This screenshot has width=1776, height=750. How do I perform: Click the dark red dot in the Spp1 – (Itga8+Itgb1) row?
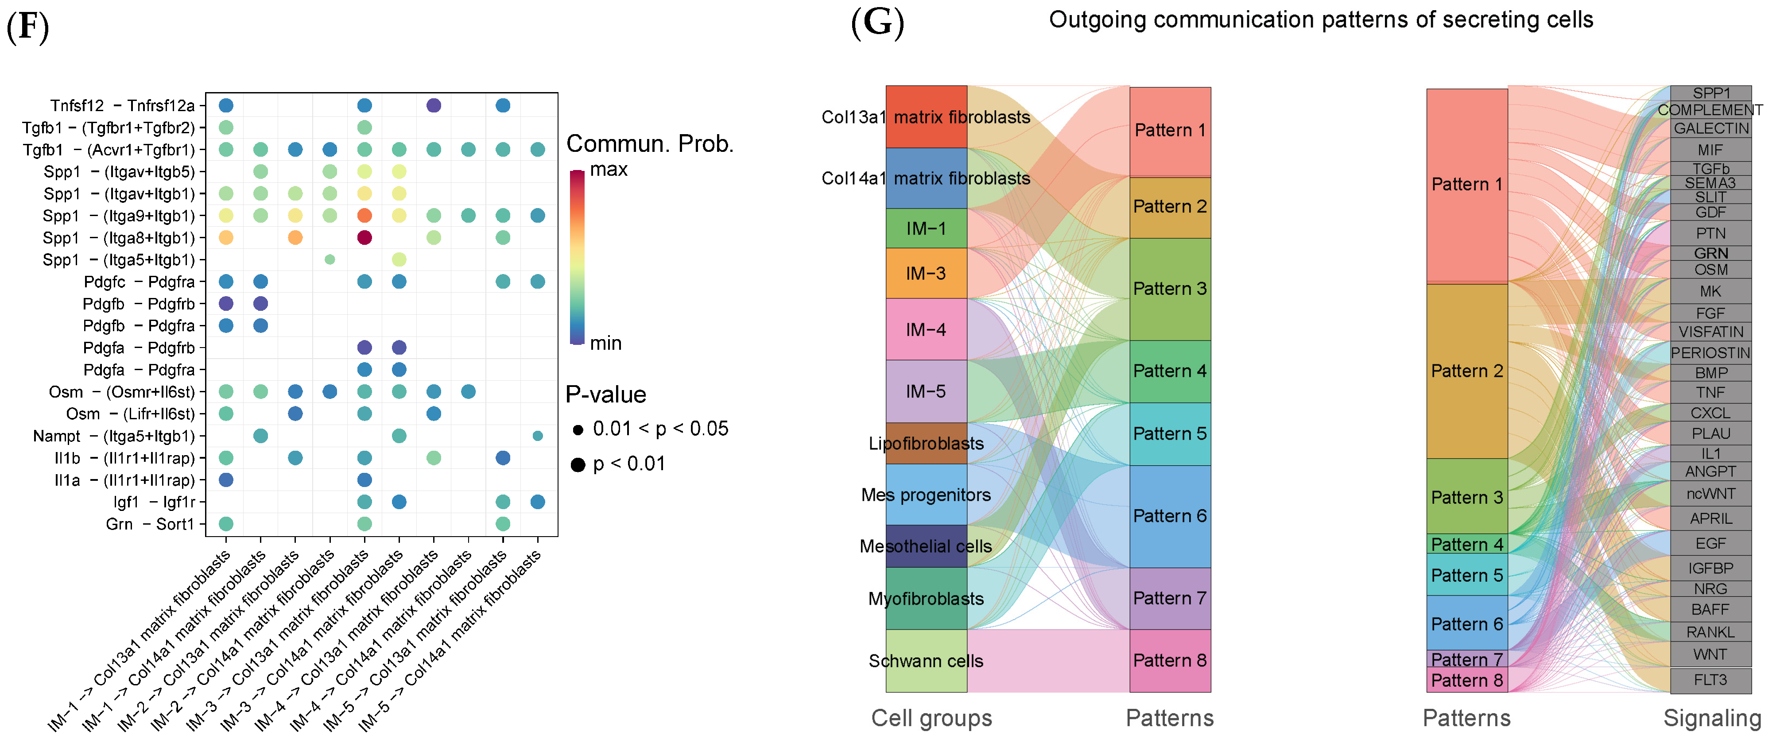365,238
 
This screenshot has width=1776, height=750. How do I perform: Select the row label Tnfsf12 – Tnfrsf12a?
122,105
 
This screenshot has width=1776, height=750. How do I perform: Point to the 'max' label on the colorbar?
608,170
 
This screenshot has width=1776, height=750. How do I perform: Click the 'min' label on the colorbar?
605,343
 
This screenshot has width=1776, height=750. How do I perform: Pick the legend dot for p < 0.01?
578,465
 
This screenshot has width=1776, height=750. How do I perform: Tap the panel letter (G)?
877,22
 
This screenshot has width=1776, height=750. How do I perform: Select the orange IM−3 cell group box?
926,273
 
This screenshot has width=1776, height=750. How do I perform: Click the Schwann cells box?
926,661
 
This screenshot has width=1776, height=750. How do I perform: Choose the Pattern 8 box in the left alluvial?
1170,661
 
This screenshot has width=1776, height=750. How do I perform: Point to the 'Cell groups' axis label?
931,718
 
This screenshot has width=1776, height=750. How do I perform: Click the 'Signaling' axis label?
1712,718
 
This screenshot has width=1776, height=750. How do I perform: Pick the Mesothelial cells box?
926,546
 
